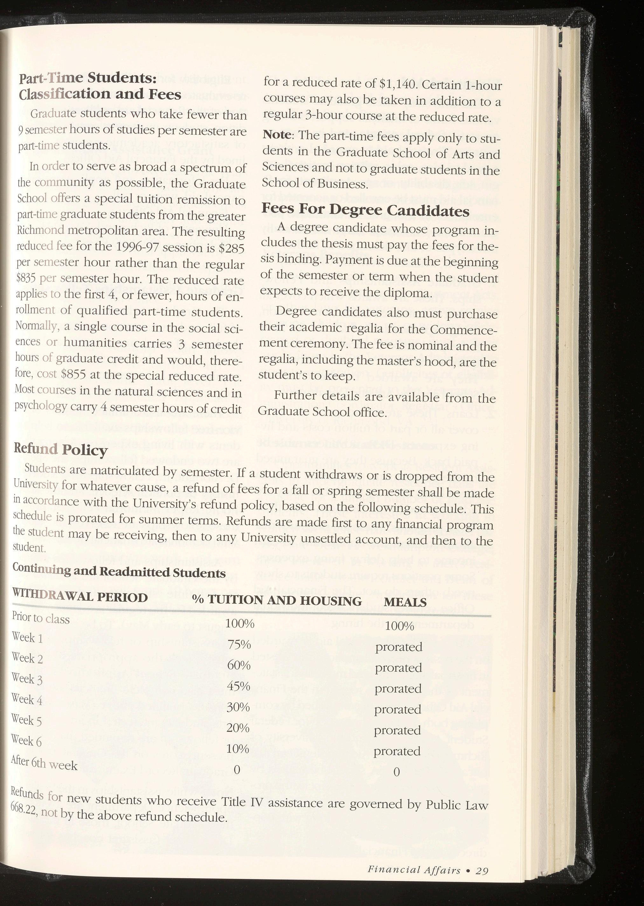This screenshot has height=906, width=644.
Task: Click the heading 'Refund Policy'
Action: (60, 450)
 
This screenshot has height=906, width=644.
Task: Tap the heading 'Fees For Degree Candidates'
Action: (365, 210)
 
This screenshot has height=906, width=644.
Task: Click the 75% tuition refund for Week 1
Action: (239, 645)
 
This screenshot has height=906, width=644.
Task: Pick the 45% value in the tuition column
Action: (239, 686)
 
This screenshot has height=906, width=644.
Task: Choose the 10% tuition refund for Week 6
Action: (238, 749)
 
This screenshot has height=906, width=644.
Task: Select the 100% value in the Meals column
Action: (399, 626)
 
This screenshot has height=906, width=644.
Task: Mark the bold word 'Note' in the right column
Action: (277, 135)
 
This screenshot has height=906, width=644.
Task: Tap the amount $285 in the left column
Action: (231, 248)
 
